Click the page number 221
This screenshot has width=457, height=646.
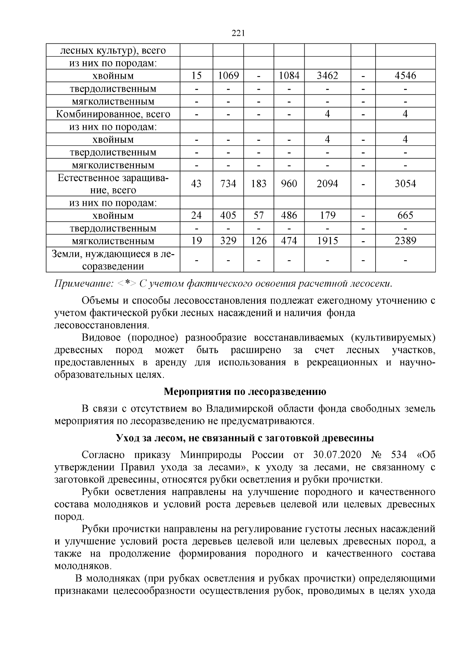tap(238, 33)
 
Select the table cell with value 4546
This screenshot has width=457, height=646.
tap(405, 76)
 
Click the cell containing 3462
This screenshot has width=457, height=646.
tap(327, 76)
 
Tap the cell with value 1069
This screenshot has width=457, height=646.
tap(228, 76)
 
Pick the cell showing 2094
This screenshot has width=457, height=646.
tap(327, 184)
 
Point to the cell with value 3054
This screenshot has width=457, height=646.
tap(405, 184)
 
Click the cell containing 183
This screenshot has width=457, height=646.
tap(259, 184)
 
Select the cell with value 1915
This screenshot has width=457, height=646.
tap(327, 241)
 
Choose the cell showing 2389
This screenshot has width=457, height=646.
tap(405, 241)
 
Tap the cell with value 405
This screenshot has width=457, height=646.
tap(228, 215)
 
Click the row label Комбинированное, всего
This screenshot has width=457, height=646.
tap(113, 114)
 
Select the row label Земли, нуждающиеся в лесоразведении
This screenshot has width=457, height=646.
tap(113, 260)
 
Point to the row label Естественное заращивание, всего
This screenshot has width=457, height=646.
tap(113, 184)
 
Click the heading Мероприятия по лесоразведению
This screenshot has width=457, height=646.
tap(245, 391)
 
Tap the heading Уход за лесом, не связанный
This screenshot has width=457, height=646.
tap(245, 438)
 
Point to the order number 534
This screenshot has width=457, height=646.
tap(398, 455)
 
